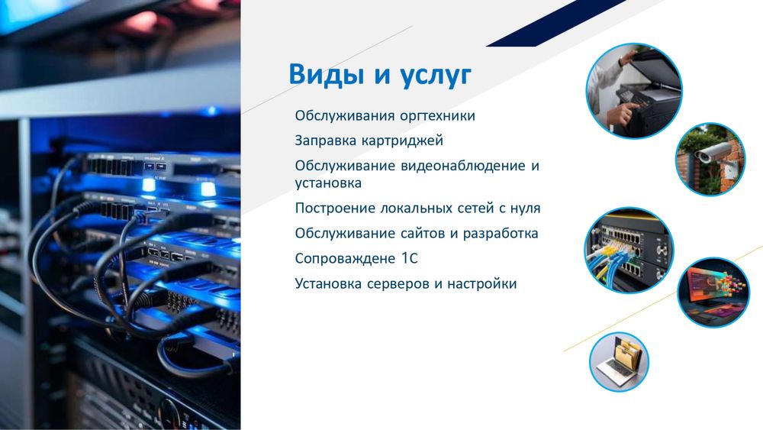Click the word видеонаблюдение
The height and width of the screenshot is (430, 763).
(x=461, y=166)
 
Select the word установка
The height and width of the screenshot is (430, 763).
(x=328, y=183)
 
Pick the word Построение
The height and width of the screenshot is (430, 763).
(x=333, y=208)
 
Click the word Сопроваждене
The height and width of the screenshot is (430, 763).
(x=344, y=258)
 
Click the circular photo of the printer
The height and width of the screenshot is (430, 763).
(x=633, y=89)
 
